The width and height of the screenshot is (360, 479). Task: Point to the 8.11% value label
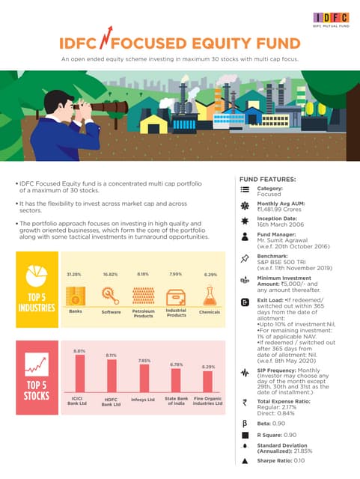[x=112, y=355]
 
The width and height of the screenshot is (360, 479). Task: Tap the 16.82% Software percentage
[x=111, y=275]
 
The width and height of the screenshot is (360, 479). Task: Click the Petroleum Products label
[x=142, y=314]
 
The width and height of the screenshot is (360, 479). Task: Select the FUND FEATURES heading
[x=267, y=180]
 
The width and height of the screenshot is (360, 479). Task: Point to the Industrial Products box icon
[x=176, y=295]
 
